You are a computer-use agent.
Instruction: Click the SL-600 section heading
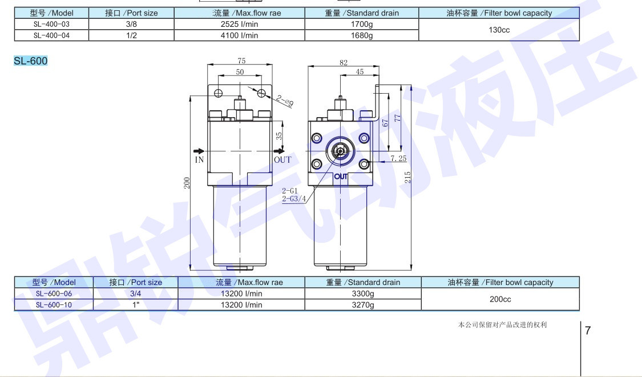(31, 61)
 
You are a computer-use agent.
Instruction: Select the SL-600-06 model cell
(54, 294)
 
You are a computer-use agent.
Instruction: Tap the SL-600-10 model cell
(54, 305)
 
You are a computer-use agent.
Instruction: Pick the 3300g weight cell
(363, 294)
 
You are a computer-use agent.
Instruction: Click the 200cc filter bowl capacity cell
(500, 299)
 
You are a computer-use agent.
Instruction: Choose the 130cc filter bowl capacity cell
(499, 30)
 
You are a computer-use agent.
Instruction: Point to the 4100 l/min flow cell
(239, 35)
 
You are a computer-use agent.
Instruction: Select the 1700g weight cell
(362, 24)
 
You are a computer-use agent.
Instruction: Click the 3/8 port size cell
(131, 24)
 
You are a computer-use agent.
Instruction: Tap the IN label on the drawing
(199, 160)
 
